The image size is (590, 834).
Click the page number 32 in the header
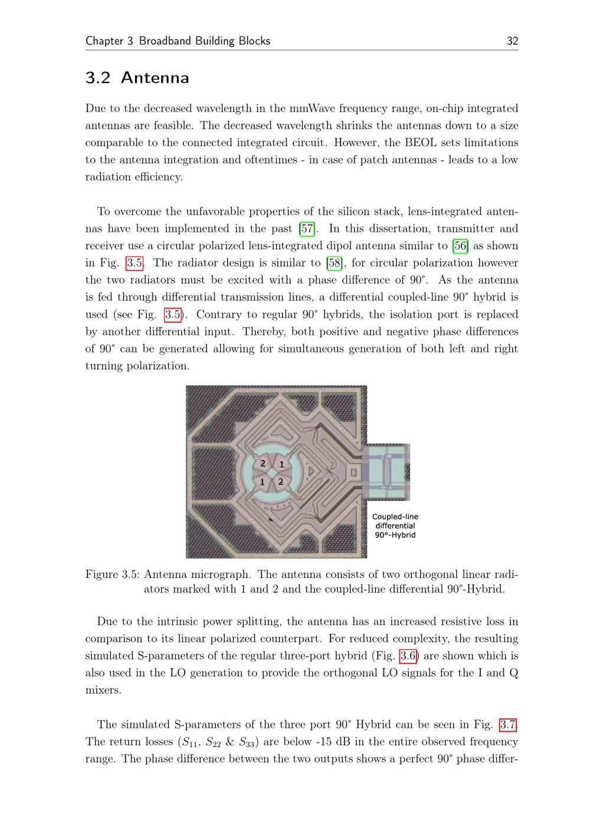pyautogui.click(x=512, y=41)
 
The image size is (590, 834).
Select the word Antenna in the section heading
pyautogui.click(x=155, y=78)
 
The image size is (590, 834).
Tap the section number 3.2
pyautogui.click(x=98, y=78)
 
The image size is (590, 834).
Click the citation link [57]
pyautogui.click(x=307, y=229)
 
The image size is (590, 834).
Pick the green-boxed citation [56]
pyautogui.click(x=460, y=246)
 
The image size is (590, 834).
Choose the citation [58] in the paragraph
pyautogui.click(x=335, y=263)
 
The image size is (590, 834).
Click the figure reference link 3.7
pyautogui.click(x=508, y=725)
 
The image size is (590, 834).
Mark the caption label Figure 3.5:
pyautogui.click(x=112, y=574)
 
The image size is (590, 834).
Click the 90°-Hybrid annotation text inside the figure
pyautogui.click(x=395, y=535)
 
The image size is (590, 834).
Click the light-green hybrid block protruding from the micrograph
pyautogui.click(x=387, y=472)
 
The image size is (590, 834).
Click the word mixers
pyautogui.click(x=103, y=690)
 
